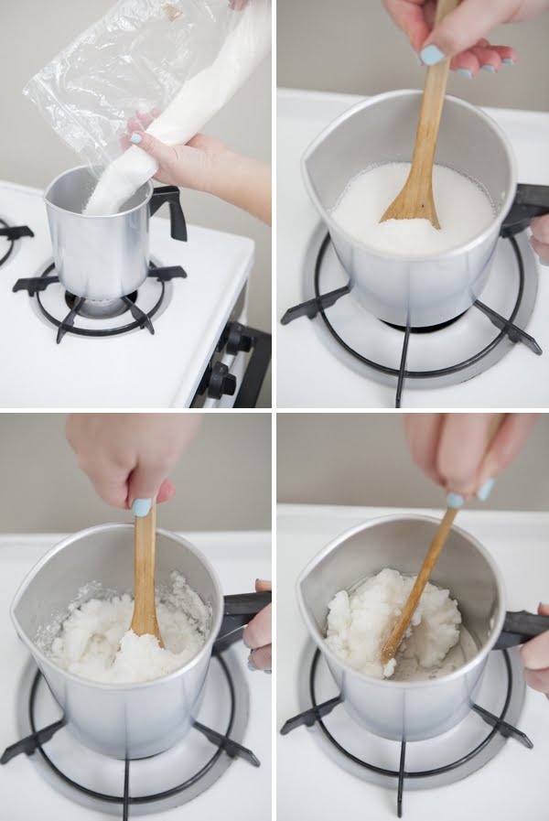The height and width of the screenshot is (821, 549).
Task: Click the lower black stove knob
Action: (x=220, y=379)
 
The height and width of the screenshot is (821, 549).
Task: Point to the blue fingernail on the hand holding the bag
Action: (x=135, y=138)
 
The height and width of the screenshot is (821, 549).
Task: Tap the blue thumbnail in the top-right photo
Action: (x=431, y=55)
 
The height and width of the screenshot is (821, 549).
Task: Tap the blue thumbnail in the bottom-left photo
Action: (x=142, y=507)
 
